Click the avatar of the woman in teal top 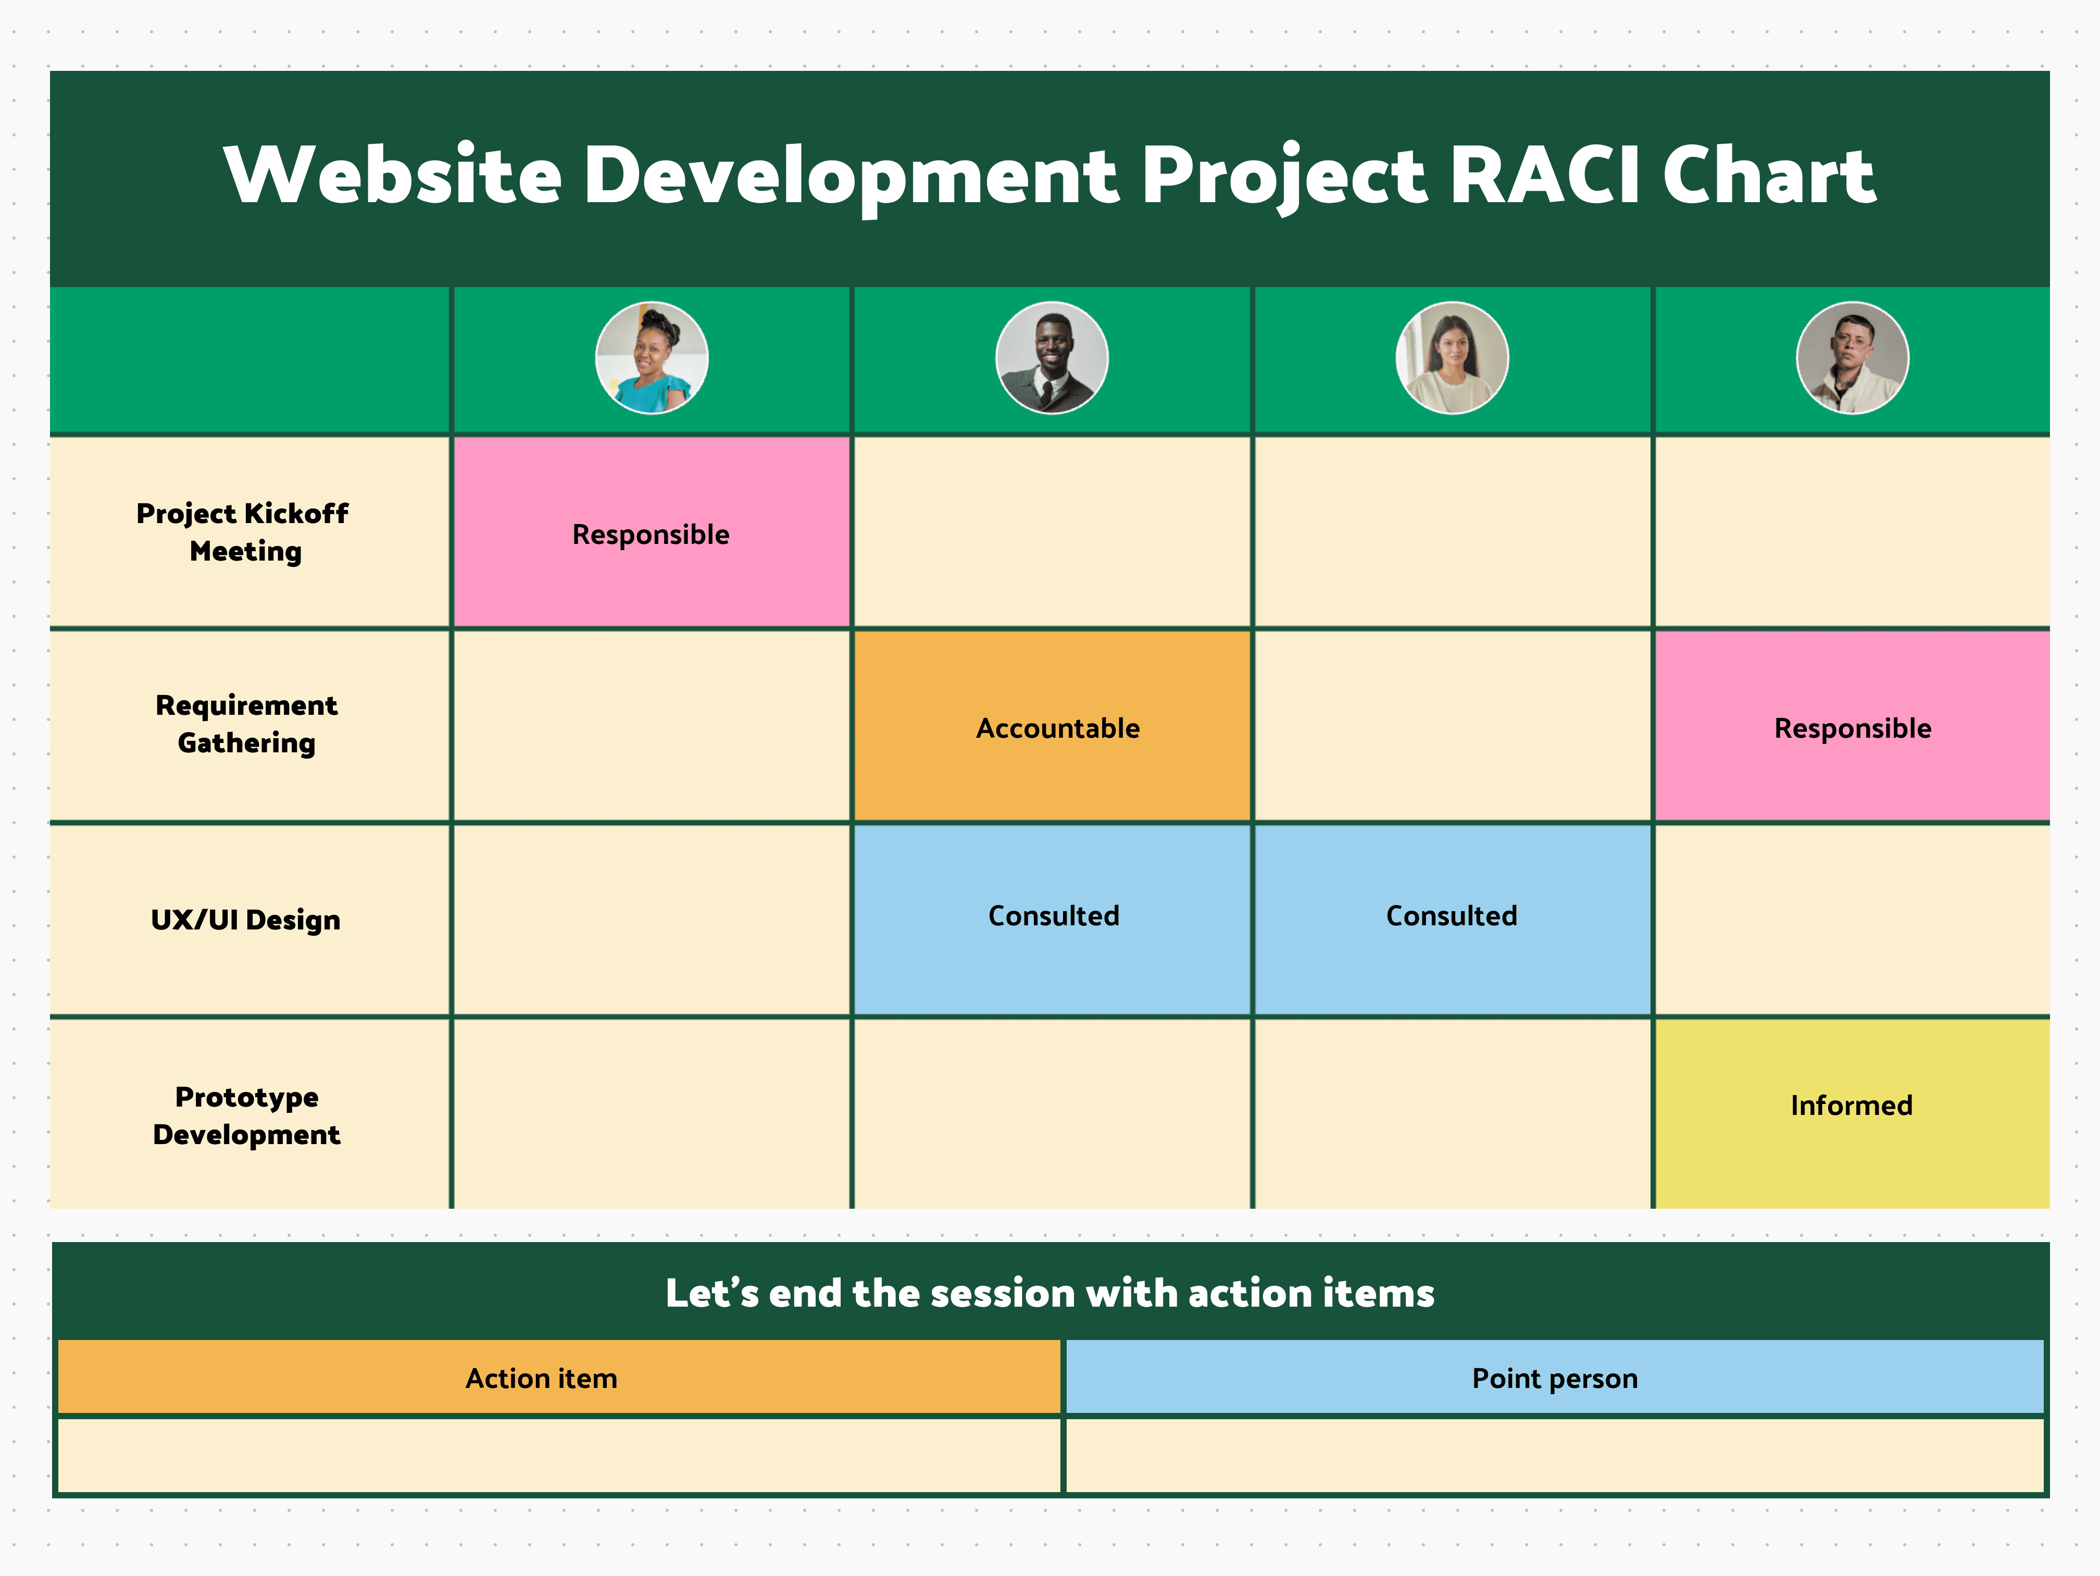coord(651,358)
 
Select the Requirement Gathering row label coord(247,724)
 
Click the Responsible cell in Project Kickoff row coord(651,533)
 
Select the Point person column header coord(1554,1378)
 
